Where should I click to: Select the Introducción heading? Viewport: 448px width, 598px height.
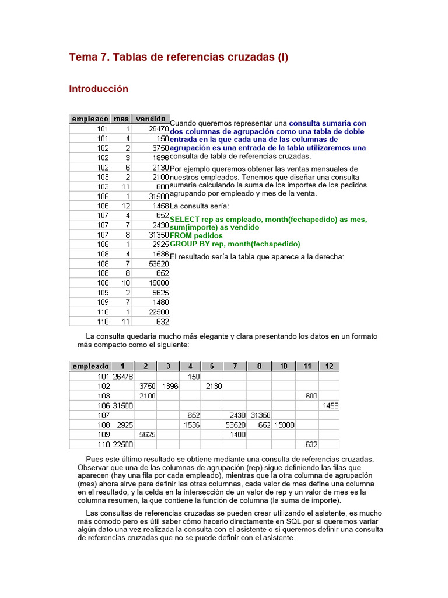click(98, 89)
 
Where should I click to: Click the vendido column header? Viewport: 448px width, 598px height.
click(150, 119)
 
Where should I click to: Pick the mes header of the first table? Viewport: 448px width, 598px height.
click(121, 119)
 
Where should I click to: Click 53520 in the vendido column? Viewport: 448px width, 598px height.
click(159, 263)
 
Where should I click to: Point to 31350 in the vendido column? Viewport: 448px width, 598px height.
click(159, 234)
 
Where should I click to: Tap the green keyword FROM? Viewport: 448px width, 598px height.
click(181, 235)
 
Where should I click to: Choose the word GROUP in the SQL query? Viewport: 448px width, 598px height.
click(183, 244)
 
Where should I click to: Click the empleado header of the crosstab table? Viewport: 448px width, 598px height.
click(90, 366)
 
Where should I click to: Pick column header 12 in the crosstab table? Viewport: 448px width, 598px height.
click(329, 366)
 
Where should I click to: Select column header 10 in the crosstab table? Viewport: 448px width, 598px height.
click(283, 366)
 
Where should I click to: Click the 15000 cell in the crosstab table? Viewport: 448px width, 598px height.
click(284, 425)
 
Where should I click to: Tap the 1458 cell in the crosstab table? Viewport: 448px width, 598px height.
click(330, 405)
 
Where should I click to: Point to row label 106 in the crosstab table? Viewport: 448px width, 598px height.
click(103, 405)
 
